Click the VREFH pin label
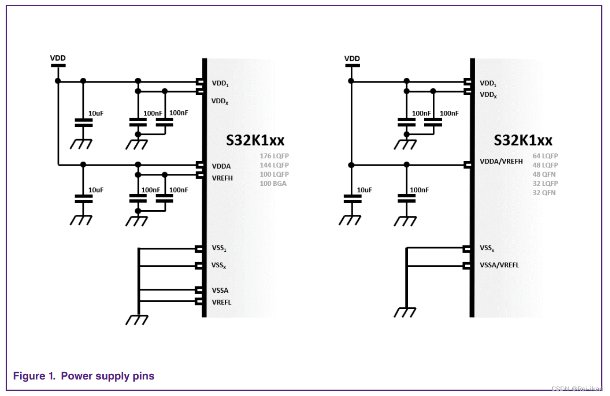point(222,178)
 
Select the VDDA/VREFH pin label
point(501,161)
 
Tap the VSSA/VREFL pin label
point(499,265)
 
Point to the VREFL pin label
point(222,302)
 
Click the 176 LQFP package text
point(274,156)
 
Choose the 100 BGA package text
point(273,183)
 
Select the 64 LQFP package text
point(545,156)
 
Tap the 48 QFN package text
point(544,174)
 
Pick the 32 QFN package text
point(544,192)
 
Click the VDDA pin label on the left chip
point(221,166)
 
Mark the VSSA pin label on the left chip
point(220,290)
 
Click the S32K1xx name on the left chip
point(255,140)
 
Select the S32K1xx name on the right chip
point(523,140)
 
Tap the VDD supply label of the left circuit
point(58,58)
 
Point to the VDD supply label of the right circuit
point(352,58)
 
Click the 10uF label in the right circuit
point(364,190)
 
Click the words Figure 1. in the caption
point(35,376)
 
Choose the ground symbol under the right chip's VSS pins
point(405,312)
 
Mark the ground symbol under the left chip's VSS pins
point(137,320)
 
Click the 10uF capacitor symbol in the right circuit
point(351,198)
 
